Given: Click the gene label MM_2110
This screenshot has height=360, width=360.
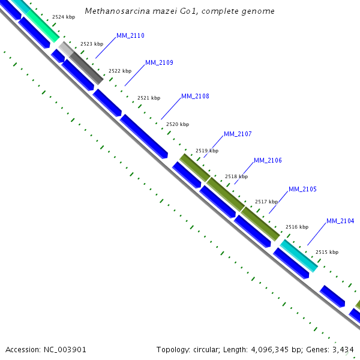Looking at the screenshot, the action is pos(130,36).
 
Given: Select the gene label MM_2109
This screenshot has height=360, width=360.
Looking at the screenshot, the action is pos(159,63).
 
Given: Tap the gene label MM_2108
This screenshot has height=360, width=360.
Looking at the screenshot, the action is pos(195,96).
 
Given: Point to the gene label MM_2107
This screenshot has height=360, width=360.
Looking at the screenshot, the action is pos(238,134).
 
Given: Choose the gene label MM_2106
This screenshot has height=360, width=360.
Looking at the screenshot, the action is pos(268,161).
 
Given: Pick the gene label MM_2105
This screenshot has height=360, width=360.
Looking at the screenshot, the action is pos(302,190).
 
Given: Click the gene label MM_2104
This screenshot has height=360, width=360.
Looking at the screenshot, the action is pos(340,221).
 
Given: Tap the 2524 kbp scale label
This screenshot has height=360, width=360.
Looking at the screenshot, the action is pos(64,17).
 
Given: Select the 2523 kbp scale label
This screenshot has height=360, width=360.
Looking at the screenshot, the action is pos(92,44).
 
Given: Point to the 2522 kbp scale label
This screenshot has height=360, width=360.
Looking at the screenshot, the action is pos(120,71).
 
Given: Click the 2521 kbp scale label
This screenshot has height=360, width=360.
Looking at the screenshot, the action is pos(149,98).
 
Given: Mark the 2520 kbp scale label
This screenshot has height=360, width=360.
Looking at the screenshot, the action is pos(178,124).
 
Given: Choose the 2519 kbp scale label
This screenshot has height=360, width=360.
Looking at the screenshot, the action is pos(207,151).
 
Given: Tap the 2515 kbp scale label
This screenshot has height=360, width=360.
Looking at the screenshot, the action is pos(327,252).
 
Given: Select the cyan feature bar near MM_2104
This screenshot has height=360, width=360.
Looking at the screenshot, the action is pos(298,256).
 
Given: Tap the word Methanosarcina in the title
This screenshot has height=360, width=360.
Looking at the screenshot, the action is pos(112,11).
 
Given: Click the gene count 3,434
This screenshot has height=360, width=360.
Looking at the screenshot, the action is pos(343,349).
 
